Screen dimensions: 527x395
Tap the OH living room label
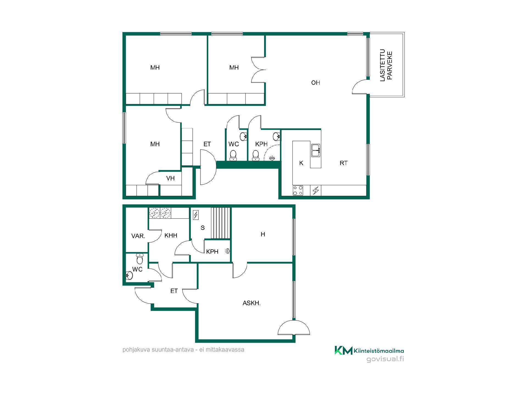pos(316,83)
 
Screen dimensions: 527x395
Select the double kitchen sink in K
pos(316,150)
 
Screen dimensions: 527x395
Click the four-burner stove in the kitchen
pos(298,190)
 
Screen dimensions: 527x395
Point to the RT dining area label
pos(344,163)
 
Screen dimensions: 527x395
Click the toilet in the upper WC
pos(233,155)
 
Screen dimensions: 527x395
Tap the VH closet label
pos(170,178)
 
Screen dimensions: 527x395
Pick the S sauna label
pos(203,228)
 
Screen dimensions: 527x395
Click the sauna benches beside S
pos(220,223)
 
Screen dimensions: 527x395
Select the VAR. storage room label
pos(138,236)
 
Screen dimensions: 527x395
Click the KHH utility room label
pos(171,235)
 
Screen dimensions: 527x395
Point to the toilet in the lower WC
pos(140,258)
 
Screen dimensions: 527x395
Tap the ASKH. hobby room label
pos(251,303)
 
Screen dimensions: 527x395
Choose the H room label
pos(263,234)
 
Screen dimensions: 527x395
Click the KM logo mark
pos(343,350)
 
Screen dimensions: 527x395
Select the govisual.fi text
pos(385,359)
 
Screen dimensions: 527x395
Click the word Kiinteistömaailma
pos(379,351)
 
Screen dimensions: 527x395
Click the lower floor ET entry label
pos(174,291)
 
